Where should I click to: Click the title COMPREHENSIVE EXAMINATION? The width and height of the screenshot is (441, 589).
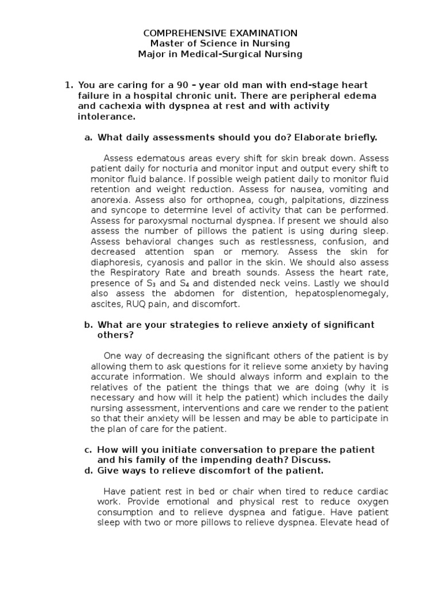220,33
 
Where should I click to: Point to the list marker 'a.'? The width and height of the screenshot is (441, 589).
88,137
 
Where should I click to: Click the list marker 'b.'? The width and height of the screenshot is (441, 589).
88,324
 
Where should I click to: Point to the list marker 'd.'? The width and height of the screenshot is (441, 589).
88,471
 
